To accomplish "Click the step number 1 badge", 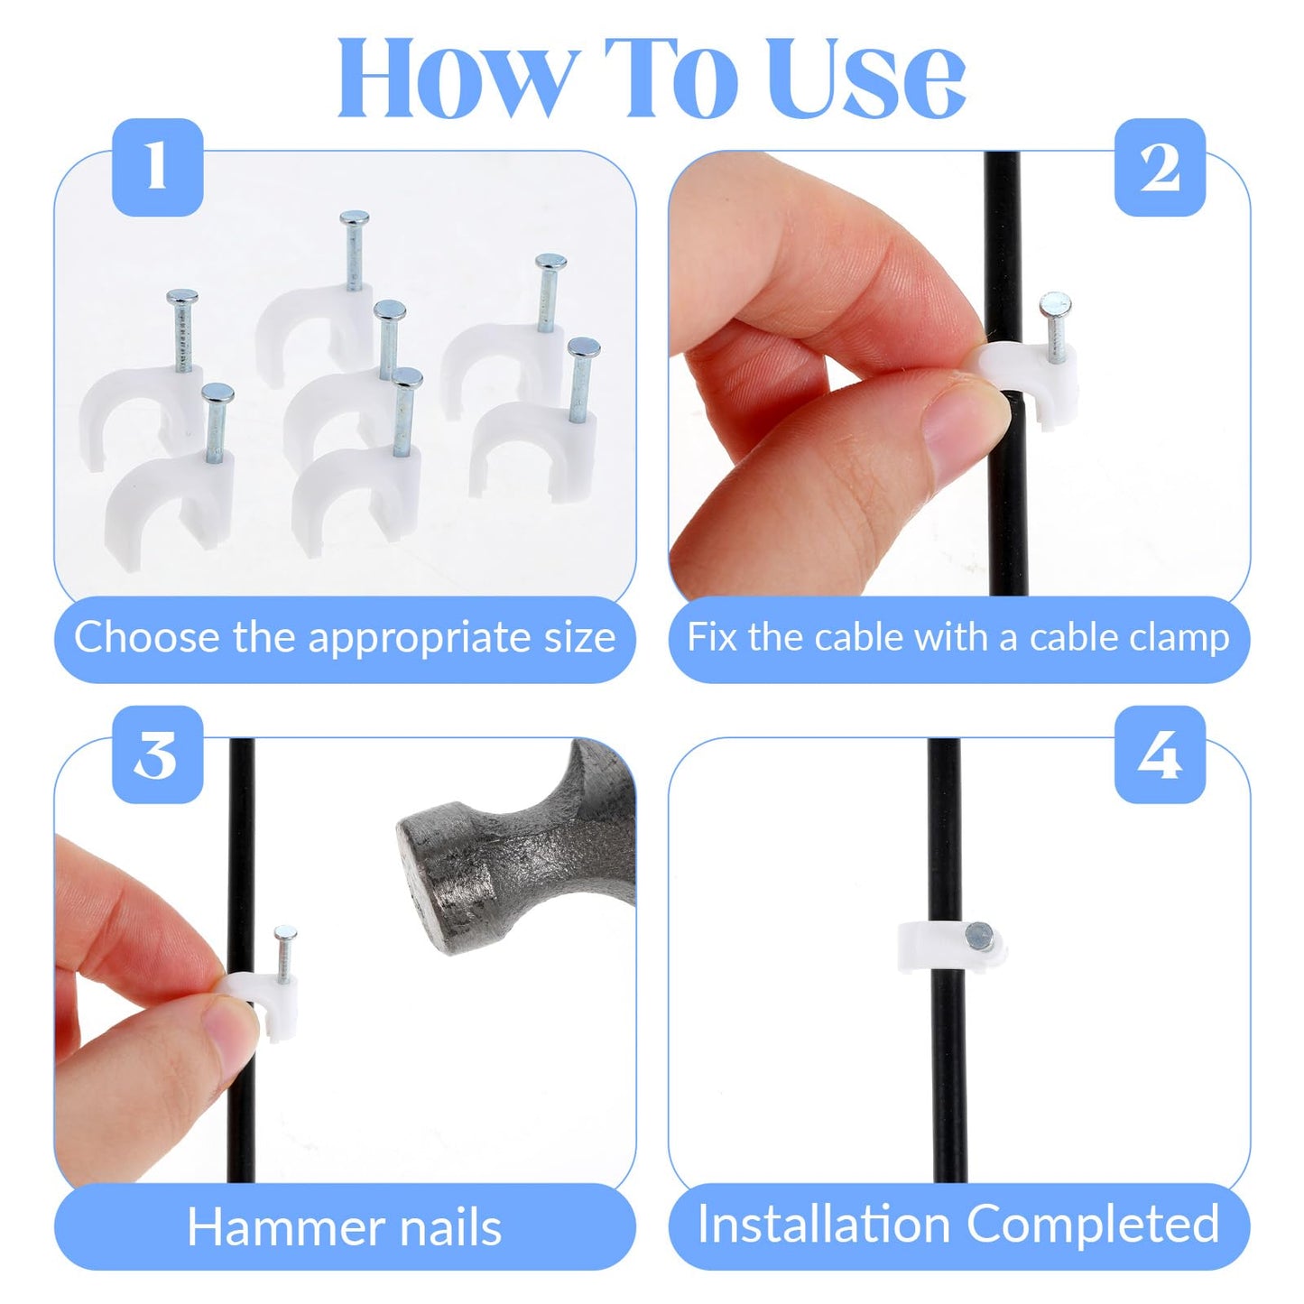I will [x=157, y=168].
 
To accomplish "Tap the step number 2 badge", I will [x=1160, y=168].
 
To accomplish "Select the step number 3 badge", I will [x=157, y=755].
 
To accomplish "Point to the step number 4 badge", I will [x=1160, y=755].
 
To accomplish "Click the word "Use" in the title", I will [x=868, y=79].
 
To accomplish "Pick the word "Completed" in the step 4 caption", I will [x=1093, y=1225].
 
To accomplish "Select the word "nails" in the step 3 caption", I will [x=450, y=1227].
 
